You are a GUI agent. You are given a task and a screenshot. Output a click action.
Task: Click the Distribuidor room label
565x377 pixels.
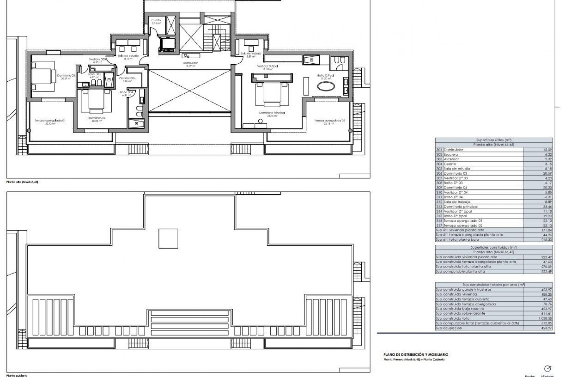click(190, 63)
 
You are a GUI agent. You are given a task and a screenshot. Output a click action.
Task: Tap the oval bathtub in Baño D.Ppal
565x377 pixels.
click(325, 87)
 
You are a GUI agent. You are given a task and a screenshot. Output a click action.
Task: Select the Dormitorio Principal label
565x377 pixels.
click(272, 113)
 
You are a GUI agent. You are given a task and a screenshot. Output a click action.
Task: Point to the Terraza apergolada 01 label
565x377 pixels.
click(50, 121)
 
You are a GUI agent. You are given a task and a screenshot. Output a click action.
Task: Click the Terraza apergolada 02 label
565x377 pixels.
click(329, 121)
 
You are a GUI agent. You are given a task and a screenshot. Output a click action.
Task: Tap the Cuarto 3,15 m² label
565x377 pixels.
click(156, 22)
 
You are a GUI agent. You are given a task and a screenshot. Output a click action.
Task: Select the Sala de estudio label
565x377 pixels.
click(128, 56)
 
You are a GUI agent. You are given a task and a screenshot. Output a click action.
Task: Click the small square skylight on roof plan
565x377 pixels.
click(168, 239)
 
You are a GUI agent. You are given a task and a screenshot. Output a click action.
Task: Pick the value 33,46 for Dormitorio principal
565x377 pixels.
click(547, 206)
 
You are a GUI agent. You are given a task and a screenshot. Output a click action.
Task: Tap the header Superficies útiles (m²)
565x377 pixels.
click(493, 140)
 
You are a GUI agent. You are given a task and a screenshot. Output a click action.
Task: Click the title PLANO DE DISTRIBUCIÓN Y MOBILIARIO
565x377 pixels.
click(416, 355)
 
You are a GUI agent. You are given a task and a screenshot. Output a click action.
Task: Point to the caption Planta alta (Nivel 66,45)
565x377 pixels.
click(22, 182)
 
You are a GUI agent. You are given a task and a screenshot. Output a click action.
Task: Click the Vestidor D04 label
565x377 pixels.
click(127, 78)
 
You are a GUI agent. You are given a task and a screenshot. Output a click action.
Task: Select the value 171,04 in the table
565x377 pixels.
click(547, 230)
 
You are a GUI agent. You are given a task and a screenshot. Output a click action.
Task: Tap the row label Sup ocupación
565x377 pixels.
click(449, 328)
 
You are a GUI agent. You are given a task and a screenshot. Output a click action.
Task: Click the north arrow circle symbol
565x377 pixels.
click(548, 368)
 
